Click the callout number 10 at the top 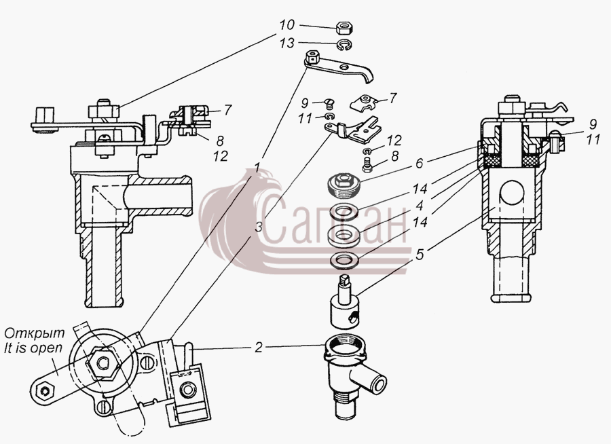click(286, 25)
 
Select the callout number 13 click(286, 43)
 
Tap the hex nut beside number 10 click(344, 28)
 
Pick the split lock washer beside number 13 click(344, 45)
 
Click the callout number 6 click(420, 163)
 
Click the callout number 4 click(420, 206)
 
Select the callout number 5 click(420, 255)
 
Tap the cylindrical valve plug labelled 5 click(344, 301)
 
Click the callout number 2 click(259, 348)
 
